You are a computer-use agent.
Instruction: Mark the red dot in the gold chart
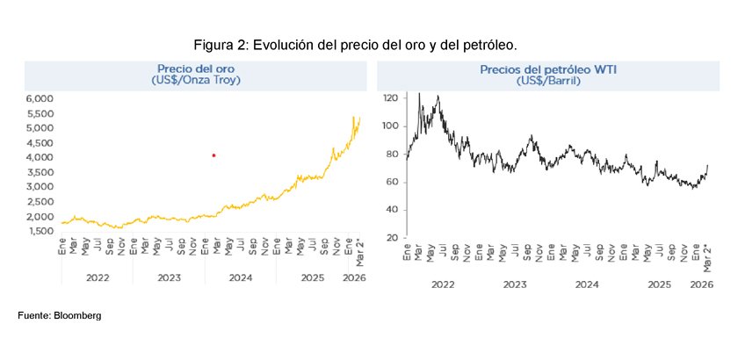point(213,155)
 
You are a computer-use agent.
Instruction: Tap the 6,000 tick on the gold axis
point(40,99)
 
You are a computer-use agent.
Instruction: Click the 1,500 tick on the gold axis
point(40,231)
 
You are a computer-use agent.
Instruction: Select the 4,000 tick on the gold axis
point(40,158)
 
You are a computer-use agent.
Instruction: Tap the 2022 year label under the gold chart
point(97,278)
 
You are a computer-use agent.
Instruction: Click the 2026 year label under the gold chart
point(354,278)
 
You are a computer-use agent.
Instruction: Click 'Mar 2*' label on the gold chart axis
point(359,250)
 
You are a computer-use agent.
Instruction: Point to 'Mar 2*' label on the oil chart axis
point(708,256)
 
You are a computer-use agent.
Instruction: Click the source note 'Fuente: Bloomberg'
point(60,315)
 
